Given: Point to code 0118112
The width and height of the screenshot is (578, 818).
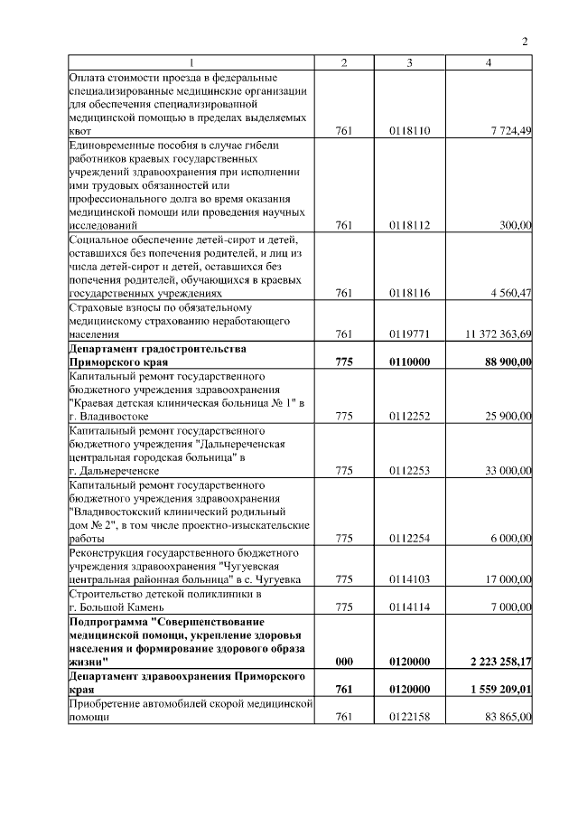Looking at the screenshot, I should click(410, 225).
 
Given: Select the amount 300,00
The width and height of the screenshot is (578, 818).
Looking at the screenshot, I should click(516, 225).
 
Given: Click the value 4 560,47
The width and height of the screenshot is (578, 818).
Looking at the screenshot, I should click(511, 293).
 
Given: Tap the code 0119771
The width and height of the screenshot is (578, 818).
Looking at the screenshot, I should click(410, 334).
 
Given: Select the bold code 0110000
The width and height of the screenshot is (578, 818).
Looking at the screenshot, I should click(410, 362).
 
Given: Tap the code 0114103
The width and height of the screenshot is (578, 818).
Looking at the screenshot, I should click(410, 579).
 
